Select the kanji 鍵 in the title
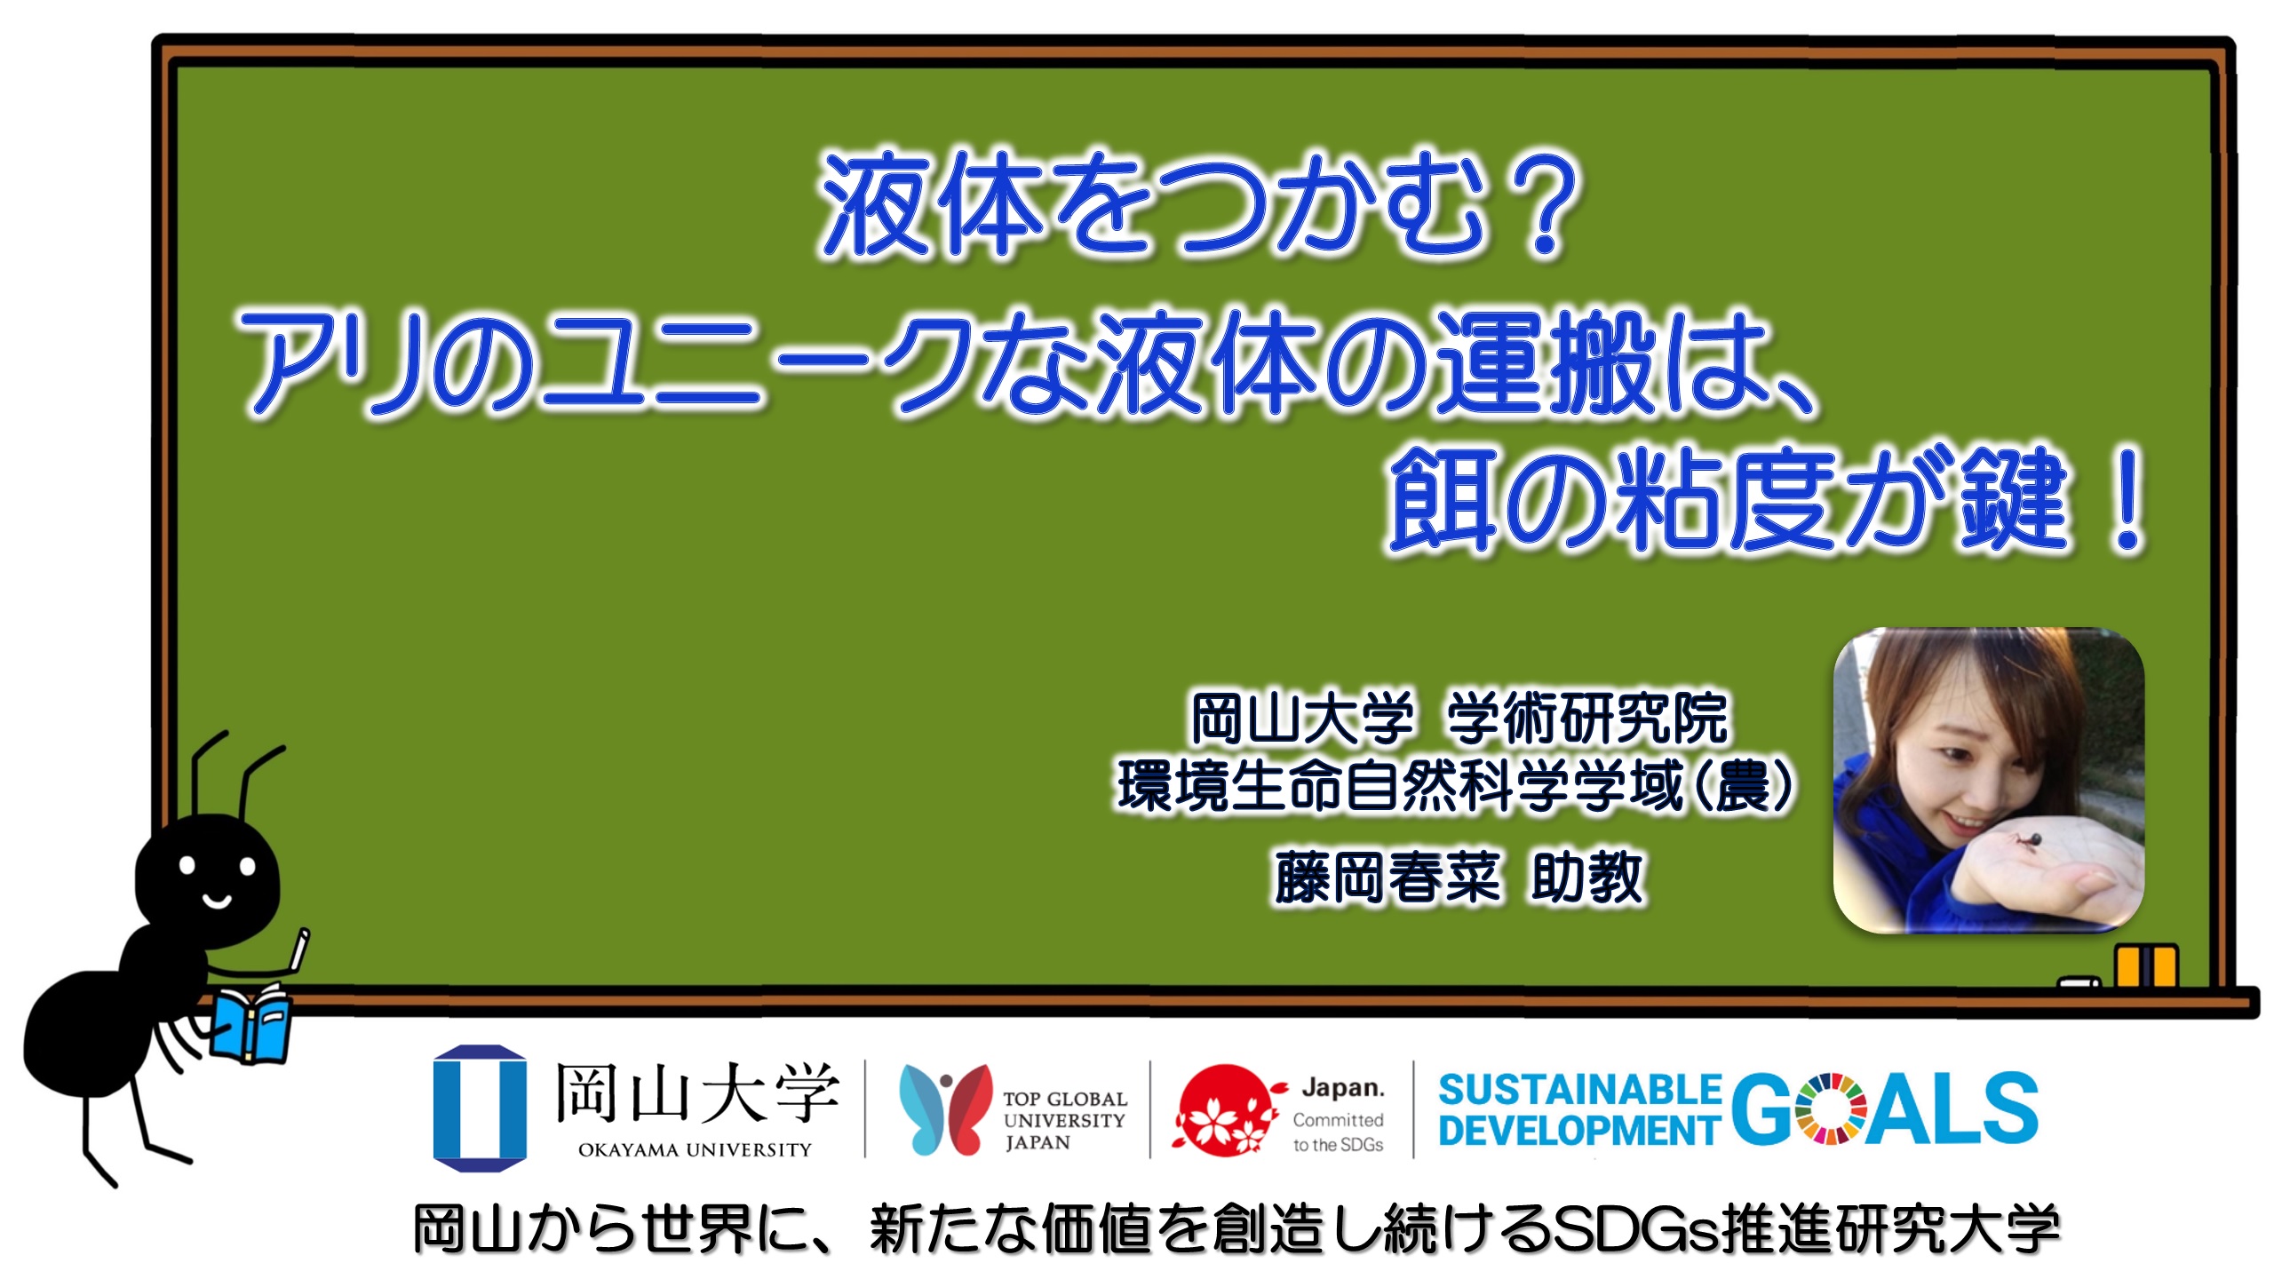tap(2012, 497)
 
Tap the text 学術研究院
tap(1587, 718)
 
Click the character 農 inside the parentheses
tap(1744, 786)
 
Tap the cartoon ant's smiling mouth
tap(217, 902)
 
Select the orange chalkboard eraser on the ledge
tap(2145, 966)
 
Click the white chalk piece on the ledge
tap(2079, 982)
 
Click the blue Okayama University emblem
tap(480, 1108)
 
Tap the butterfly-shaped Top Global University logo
tap(944, 1108)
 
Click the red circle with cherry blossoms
tap(1225, 1110)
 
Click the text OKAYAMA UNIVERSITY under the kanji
tap(695, 1150)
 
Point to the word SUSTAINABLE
tap(1580, 1090)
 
